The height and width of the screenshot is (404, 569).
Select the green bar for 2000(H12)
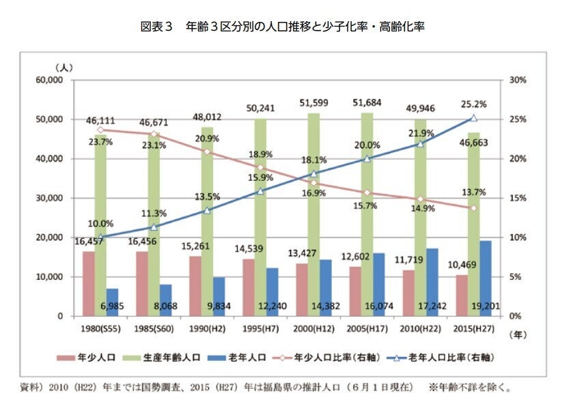(x=314, y=212)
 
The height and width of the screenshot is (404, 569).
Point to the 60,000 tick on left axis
(x=48, y=80)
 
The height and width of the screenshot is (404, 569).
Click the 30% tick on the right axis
(x=518, y=80)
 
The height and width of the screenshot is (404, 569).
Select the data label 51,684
(x=367, y=102)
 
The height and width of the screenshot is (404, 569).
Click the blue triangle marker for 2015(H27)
(x=473, y=118)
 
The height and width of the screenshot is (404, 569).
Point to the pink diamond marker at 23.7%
(x=100, y=130)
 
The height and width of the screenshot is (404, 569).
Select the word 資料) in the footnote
(x=32, y=387)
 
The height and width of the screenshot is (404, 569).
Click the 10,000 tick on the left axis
(x=48, y=277)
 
